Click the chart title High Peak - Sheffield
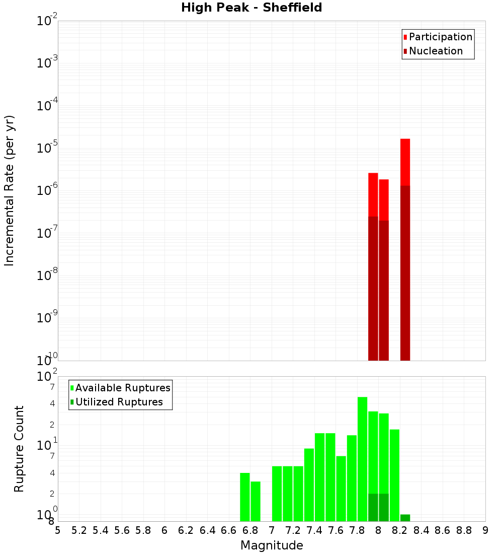(x=251, y=8)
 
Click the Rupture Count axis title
(x=19, y=448)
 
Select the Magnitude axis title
(x=272, y=545)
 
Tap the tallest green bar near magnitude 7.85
(x=363, y=458)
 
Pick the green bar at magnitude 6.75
(x=245, y=497)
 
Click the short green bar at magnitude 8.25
(x=405, y=518)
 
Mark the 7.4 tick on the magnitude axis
(x=314, y=530)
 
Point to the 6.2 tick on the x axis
(x=186, y=530)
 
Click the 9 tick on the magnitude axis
(x=485, y=530)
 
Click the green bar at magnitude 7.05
(x=277, y=494)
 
